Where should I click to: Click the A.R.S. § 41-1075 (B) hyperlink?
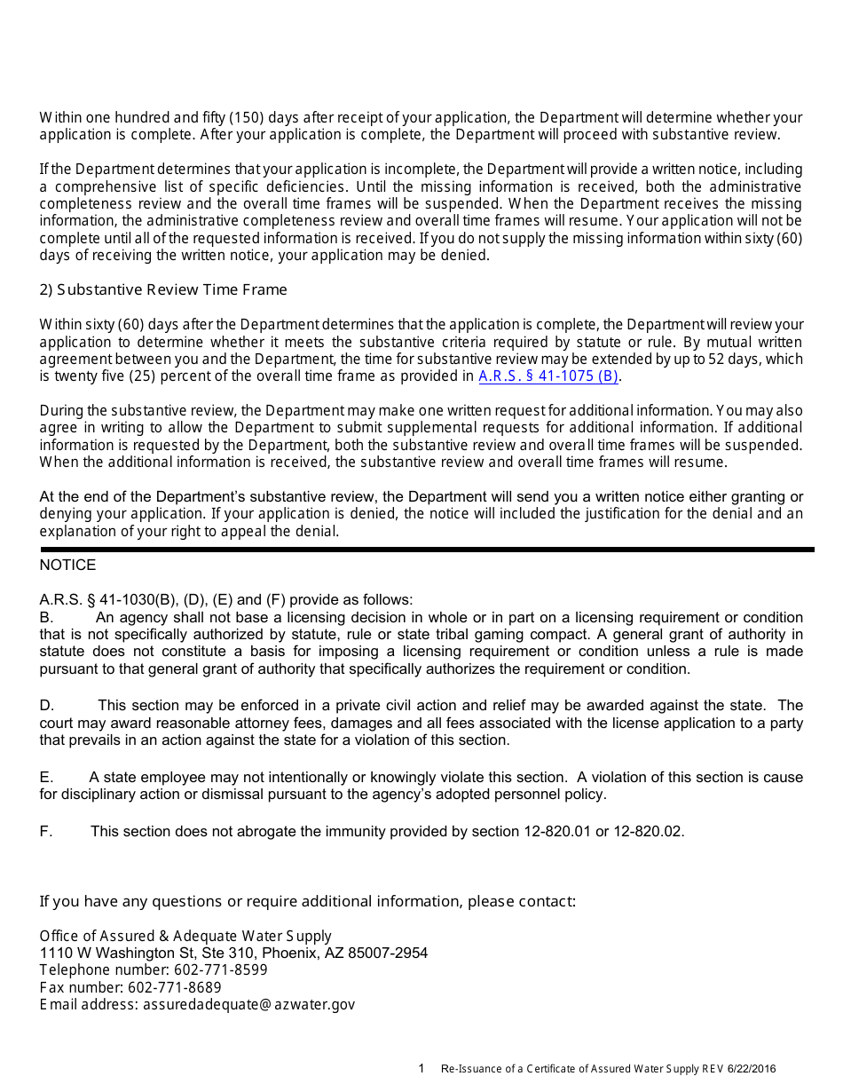point(548,376)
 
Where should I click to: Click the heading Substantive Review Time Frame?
point(163,290)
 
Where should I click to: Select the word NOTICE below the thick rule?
point(67,566)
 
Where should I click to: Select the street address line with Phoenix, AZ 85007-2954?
point(233,954)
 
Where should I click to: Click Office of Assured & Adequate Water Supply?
point(185,936)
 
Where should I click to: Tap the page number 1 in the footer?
point(421,1069)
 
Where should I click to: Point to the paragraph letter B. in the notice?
point(47,618)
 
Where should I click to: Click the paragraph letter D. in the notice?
point(47,706)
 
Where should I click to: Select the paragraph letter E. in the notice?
point(46,778)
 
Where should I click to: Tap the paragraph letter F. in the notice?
point(46,832)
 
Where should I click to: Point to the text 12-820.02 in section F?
point(649,832)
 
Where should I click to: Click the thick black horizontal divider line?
point(426,550)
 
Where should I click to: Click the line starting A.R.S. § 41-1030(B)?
point(225,600)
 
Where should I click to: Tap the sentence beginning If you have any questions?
point(307,902)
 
